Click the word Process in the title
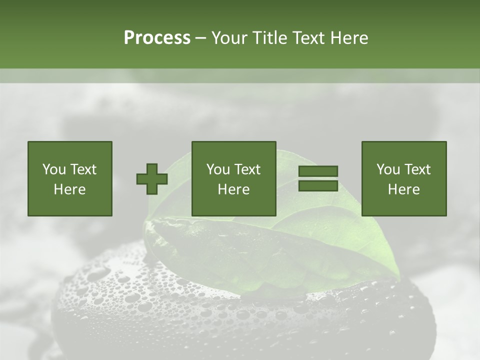pyautogui.click(x=157, y=38)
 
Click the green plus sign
pyautogui.click(x=152, y=178)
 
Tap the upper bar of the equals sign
pyautogui.click(x=318, y=171)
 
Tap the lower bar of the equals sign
pyautogui.click(x=318, y=186)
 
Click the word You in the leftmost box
pyautogui.click(x=54, y=169)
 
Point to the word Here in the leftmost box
pyautogui.click(x=70, y=189)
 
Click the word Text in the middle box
pyautogui.click(x=246, y=169)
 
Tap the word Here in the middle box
pyautogui.click(x=234, y=189)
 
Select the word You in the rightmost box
pyautogui.click(x=388, y=169)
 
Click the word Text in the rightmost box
pyautogui.click(x=416, y=169)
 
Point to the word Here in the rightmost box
pyautogui.click(x=404, y=189)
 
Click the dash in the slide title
pyautogui.click(x=201, y=38)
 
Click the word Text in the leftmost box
pyautogui.click(x=82, y=169)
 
